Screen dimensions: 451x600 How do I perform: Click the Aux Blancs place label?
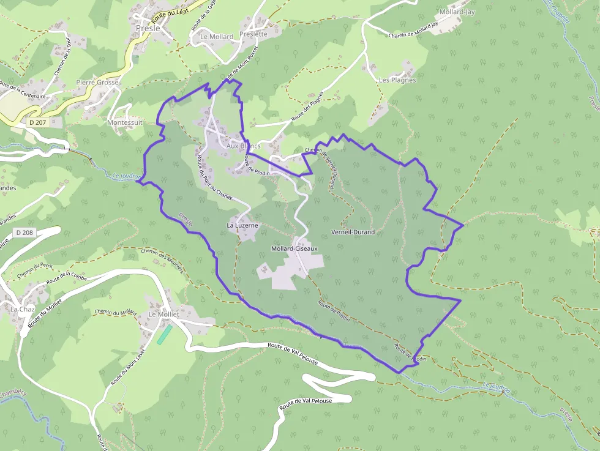coord(243,146)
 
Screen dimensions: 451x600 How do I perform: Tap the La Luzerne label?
coord(242,225)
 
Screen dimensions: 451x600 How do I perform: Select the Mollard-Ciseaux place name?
coord(294,248)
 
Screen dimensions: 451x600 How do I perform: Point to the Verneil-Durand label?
coord(353,233)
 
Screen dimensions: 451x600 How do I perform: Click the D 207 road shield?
coord(38,122)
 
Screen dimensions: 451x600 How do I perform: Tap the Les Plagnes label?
coord(397,80)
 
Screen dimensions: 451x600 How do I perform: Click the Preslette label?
coord(253,34)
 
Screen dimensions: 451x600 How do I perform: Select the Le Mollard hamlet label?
coord(217,37)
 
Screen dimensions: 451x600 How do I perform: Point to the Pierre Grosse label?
coord(97,82)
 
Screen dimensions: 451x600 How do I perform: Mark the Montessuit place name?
coord(124,122)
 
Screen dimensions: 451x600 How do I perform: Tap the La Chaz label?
coord(22,309)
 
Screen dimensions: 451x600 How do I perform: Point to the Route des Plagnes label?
coord(307,106)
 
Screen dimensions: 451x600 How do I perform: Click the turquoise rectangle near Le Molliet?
coord(165,334)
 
